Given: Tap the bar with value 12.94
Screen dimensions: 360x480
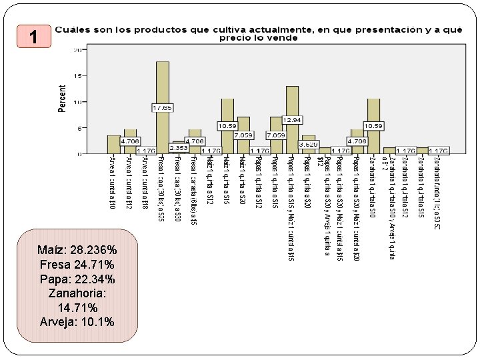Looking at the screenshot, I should (292, 100).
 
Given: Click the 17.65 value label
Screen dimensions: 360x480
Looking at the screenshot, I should (162, 107).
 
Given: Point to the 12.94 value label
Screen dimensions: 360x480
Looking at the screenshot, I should (292, 119).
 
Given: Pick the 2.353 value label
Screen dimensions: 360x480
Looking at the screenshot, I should (178, 148).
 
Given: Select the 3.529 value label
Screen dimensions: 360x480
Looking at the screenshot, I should (308, 144).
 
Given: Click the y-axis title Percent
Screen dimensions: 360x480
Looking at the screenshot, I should (63, 99).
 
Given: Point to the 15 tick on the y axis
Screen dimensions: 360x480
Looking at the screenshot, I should (78, 76).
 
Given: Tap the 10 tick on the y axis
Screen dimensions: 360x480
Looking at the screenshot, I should (78, 102).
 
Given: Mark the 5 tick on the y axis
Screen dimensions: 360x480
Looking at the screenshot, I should (80, 128).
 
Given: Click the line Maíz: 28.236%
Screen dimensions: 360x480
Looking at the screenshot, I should (77, 250).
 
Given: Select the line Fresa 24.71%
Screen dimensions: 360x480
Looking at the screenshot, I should (77, 265).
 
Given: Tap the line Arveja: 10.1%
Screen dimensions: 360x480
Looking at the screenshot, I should (77, 322).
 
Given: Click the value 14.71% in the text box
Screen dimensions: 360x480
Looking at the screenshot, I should (77, 308).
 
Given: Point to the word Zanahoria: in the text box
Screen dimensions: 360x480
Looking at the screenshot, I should (77, 293).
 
